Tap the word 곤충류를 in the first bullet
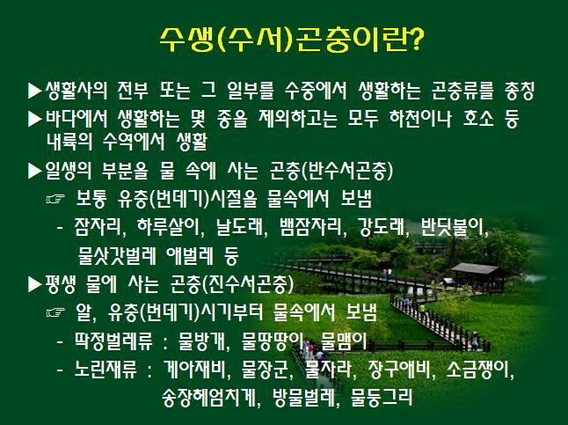pos(462,90)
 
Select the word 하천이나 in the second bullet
pos(420,118)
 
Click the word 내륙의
pos(69,142)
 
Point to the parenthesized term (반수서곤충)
pos(347,170)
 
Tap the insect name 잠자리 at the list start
pos(98,227)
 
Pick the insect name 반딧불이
pos(452,227)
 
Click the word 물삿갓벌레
pos(117,256)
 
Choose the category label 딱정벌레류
pos(113,341)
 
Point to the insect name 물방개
pos(202,341)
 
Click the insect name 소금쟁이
pos(477,370)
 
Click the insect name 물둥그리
pos(382,398)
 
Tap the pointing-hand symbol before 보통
pos(55,199)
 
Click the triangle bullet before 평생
pos(35,284)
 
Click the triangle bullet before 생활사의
pos(35,91)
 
